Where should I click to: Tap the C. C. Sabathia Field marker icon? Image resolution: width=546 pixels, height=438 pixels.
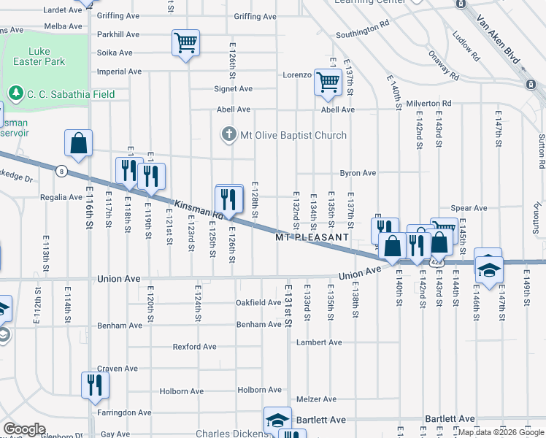pyautogui.click(x=15, y=93)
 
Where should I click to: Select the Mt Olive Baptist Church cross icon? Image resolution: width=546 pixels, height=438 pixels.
pyautogui.click(x=229, y=135)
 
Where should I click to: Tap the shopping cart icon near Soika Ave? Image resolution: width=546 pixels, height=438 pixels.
pyautogui.click(x=185, y=43)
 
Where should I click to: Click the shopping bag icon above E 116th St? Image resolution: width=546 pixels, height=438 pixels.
pyautogui.click(x=78, y=144)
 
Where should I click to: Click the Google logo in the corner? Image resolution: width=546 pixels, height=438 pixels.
pyautogui.click(x=23, y=429)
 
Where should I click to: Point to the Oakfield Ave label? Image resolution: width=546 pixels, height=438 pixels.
pyautogui.click(x=258, y=302)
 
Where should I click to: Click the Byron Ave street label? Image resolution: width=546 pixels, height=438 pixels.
pyautogui.click(x=358, y=173)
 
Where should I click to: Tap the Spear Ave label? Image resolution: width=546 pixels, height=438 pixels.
pyautogui.click(x=469, y=208)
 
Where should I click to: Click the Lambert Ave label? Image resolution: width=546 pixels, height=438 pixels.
pyautogui.click(x=319, y=342)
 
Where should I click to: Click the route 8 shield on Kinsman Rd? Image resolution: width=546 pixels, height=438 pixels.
pyautogui.click(x=61, y=170)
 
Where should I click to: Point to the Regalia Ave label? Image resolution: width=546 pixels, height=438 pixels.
pyautogui.click(x=61, y=197)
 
